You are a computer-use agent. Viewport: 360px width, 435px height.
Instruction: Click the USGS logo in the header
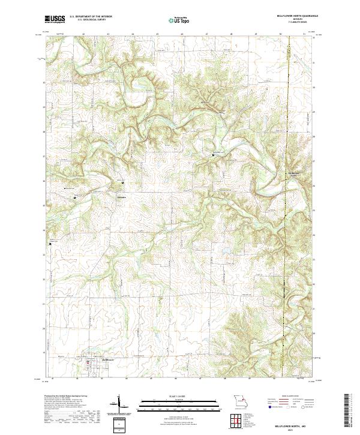pyautogui.click(x=55, y=19)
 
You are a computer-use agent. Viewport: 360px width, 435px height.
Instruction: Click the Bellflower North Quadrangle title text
pyautogui.click(x=294, y=16)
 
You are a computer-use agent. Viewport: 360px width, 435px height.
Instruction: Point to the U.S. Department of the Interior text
pyautogui.click(x=90, y=17)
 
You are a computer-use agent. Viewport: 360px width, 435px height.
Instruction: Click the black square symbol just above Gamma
pyautogui.click(x=124, y=182)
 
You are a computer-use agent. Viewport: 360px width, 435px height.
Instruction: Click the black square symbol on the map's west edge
pyautogui.click(x=50, y=244)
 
